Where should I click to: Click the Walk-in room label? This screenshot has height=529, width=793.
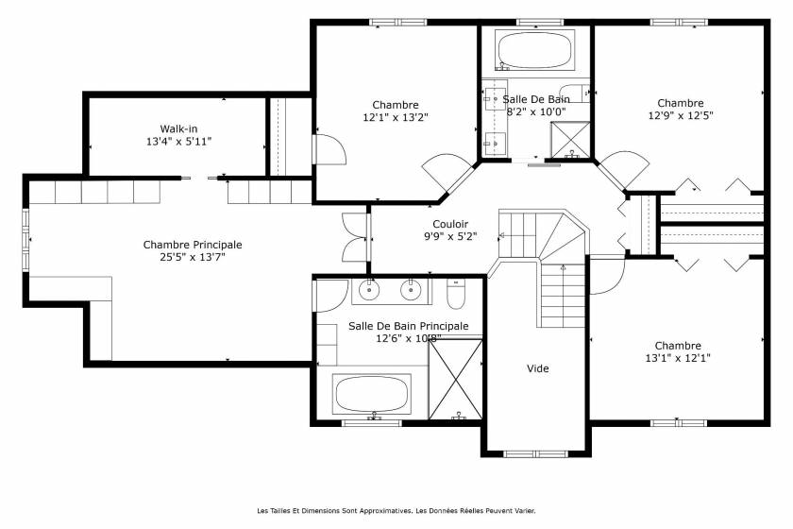click(178, 128)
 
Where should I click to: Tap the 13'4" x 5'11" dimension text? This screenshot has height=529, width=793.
click(178, 142)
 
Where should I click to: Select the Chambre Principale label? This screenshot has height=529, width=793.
click(193, 244)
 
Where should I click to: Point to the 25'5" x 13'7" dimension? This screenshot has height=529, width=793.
click(193, 256)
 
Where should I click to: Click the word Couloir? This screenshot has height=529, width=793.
click(451, 224)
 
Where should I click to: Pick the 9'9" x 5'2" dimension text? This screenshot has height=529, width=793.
click(451, 236)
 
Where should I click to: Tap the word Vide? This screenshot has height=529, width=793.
click(537, 368)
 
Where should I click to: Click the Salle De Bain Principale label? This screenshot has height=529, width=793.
click(408, 326)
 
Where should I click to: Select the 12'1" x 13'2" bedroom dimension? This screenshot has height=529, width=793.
click(396, 118)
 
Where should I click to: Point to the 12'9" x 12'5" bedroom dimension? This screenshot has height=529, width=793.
click(681, 116)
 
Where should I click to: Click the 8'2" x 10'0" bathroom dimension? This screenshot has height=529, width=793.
click(535, 111)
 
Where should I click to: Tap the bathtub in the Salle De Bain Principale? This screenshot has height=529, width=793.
click(373, 393)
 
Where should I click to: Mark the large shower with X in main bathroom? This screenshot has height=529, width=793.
click(456, 380)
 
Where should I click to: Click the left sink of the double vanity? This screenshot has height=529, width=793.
click(368, 291)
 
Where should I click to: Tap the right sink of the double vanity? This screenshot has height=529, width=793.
click(411, 291)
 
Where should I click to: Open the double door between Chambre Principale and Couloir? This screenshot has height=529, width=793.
click(355, 237)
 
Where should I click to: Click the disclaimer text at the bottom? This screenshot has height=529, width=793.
click(396, 511)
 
